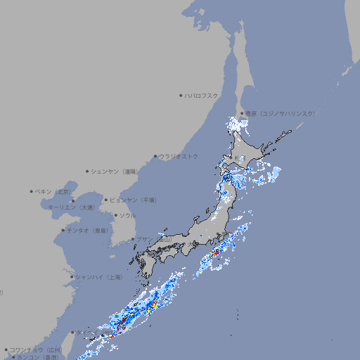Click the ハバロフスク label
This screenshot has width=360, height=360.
pos(201,95)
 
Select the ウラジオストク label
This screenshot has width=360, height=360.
pos(179,156)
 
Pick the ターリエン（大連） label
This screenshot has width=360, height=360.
pos(71,207)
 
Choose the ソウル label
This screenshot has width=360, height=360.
pos(127,216)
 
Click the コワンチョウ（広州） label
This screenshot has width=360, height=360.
pos(36,349)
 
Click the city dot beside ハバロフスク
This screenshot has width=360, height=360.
pos(181,95)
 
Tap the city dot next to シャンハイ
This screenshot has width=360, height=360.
pos(72,277)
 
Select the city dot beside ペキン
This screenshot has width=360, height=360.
pos(32,191)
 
